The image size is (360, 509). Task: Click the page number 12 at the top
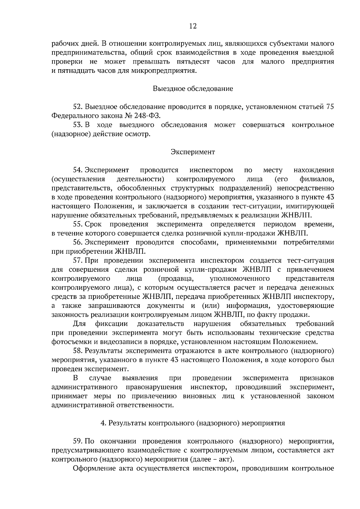coord(193,26)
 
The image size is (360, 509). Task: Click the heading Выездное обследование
coord(193,89)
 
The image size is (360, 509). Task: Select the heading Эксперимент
coord(193,152)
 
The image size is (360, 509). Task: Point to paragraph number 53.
coord(77,125)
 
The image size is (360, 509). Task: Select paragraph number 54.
coord(77,170)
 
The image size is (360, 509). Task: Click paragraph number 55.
coord(77,225)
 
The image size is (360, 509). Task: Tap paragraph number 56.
coord(77,243)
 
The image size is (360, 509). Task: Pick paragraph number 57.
coord(77,260)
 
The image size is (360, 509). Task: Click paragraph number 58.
coord(77,351)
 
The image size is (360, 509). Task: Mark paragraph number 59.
coord(77,441)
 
